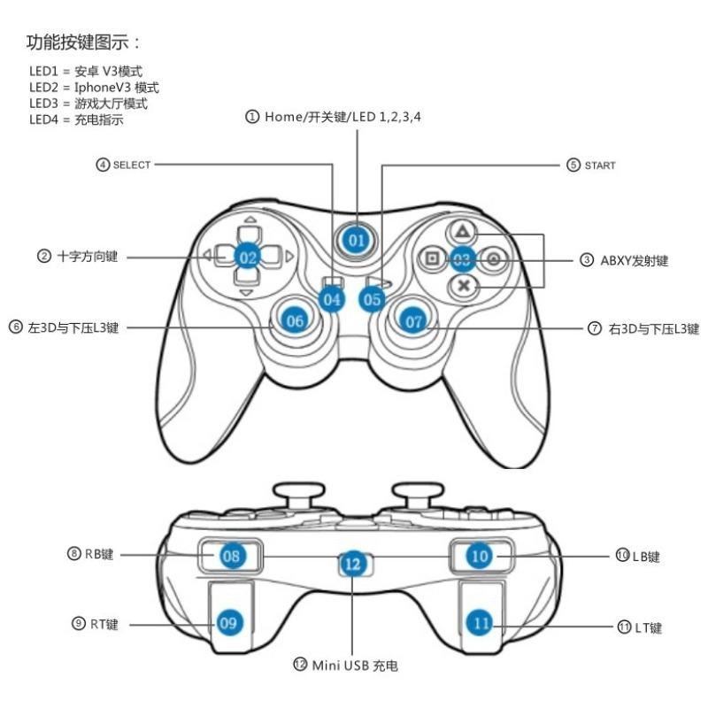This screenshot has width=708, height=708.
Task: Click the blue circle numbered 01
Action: [x=357, y=240]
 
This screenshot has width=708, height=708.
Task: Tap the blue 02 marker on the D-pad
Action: [x=248, y=258]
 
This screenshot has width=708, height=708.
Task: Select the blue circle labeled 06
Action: [x=295, y=320]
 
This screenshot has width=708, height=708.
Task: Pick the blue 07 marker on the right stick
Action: [x=413, y=321]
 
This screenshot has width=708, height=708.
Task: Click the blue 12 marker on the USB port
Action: [x=353, y=564]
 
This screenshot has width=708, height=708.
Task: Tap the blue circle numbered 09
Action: [x=228, y=623]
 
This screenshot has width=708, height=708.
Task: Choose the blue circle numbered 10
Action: [x=480, y=556]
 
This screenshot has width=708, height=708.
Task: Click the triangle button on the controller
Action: [x=462, y=232]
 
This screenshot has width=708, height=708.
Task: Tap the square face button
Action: [x=432, y=258]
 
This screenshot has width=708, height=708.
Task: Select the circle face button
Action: [x=494, y=258]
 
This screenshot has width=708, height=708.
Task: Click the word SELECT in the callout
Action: [x=131, y=165]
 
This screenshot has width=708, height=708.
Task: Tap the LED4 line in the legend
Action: [x=76, y=119]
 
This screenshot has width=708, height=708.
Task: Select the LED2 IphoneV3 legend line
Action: [x=94, y=87]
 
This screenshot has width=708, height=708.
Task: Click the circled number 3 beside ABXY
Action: [x=587, y=259]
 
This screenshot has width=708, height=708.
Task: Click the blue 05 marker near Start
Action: [x=372, y=299]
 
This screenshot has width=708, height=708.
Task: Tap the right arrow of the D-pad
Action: [x=289, y=257]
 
